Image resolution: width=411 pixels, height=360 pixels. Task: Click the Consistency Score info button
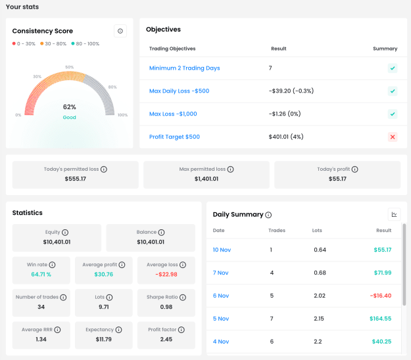pos(120,31)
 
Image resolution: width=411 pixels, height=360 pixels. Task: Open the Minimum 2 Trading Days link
pos(185,68)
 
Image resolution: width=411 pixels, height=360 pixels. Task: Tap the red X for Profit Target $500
pos(393,137)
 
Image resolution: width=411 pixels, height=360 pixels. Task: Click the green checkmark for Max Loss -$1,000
pos(393,114)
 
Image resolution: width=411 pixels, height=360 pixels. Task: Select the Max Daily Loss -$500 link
pos(180,91)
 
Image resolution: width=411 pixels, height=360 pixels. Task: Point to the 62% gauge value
pos(70,107)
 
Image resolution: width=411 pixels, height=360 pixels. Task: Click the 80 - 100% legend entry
pos(85,44)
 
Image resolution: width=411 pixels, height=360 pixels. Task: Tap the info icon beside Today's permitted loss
pos(104,169)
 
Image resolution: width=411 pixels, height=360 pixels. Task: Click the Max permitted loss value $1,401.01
pos(206,179)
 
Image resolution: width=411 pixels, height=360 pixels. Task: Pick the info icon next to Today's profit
pos(354,169)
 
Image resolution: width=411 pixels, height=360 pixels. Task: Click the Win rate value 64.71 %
pos(41,275)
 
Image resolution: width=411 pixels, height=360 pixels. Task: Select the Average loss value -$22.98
pos(166,275)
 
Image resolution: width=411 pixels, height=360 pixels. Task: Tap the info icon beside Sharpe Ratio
pos(183,298)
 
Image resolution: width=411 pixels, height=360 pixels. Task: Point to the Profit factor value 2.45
pos(166,340)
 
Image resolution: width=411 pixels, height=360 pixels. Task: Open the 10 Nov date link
pos(222,250)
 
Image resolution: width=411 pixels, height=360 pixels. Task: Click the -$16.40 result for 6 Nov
pos(381,296)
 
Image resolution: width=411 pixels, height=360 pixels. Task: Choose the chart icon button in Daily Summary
pos(394,214)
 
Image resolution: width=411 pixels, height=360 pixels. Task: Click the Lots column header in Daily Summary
pos(317,231)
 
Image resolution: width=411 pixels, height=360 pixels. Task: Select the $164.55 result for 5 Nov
pos(380,319)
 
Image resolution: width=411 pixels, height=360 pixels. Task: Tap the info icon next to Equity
pos(65,233)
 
